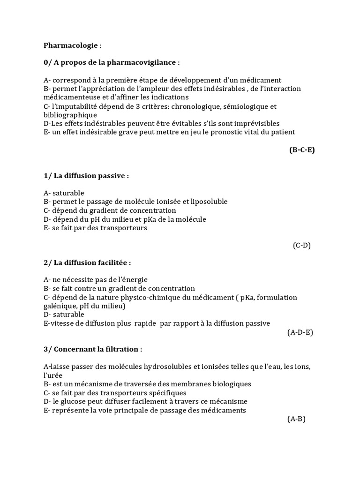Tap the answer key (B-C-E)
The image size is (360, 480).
[x=301, y=150]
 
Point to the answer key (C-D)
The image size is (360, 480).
[x=302, y=245]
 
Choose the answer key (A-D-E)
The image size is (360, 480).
[x=300, y=332]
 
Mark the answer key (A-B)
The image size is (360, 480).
[x=296, y=419]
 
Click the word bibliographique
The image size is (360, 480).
[x=70, y=115]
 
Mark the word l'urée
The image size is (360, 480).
[x=52, y=375]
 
